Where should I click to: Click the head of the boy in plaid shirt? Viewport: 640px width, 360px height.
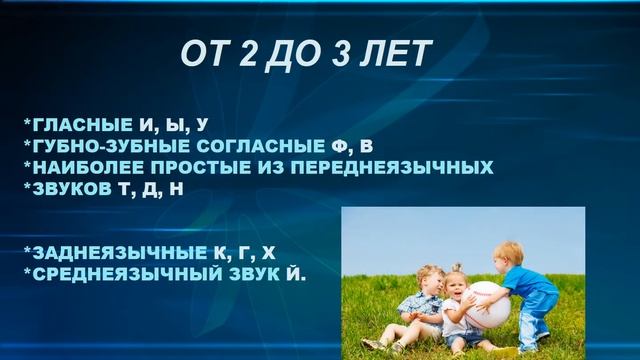tap(427, 279)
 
